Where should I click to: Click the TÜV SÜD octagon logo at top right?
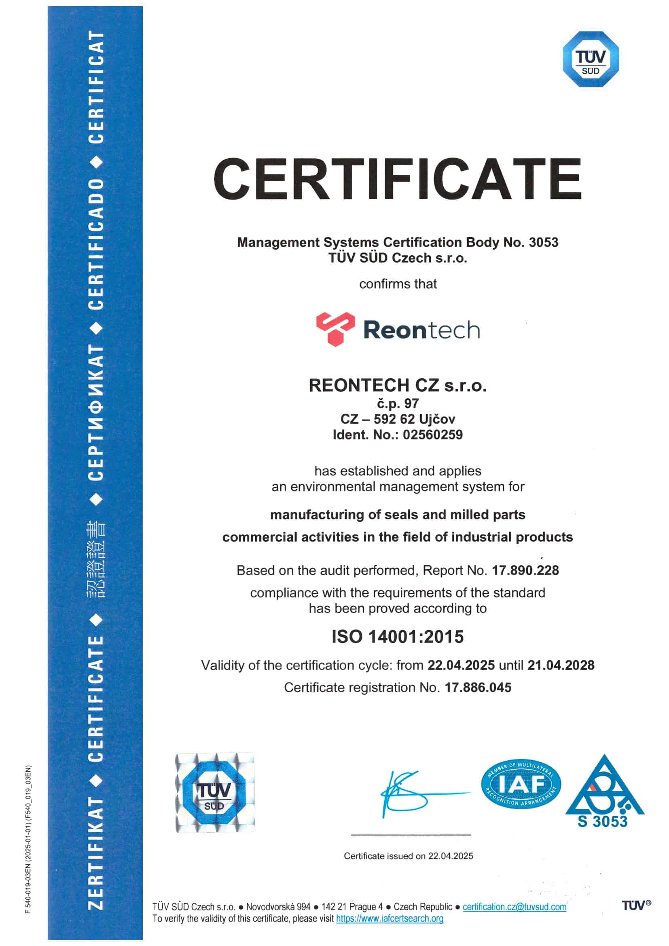[x=591, y=59]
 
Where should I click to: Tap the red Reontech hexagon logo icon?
[x=335, y=329]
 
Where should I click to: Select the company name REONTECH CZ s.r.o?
[x=398, y=385]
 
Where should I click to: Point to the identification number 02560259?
[x=432, y=435]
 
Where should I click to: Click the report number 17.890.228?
[x=525, y=570]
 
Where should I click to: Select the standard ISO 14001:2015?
[x=398, y=636]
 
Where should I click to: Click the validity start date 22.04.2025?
[x=461, y=665]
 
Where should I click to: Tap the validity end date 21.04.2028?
[x=561, y=665]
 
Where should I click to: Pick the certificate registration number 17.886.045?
[x=478, y=687]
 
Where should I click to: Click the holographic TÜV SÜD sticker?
[x=215, y=793]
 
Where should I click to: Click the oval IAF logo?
[x=521, y=784]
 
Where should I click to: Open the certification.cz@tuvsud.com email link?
[x=514, y=907]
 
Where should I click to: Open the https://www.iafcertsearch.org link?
[x=389, y=918]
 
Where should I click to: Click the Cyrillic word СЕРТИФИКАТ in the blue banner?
[x=95, y=412]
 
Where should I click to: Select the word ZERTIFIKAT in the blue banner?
[x=95, y=853]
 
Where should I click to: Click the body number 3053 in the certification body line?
[x=543, y=242]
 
